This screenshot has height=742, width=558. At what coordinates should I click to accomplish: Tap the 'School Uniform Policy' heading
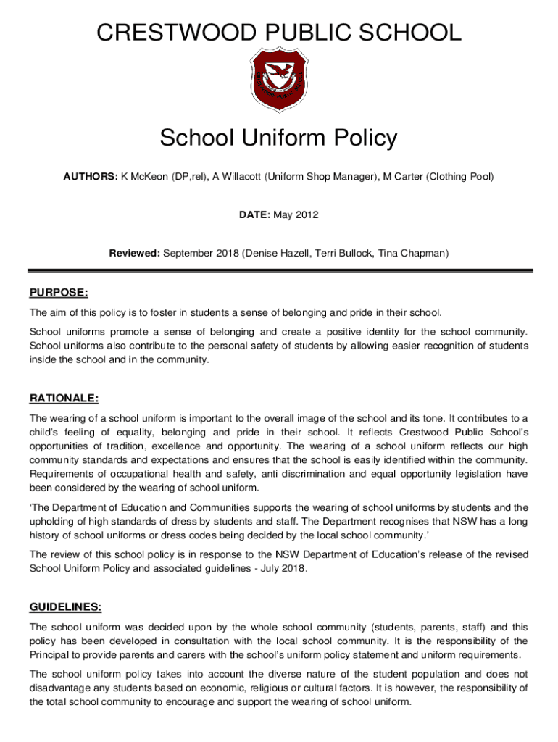tap(279, 137)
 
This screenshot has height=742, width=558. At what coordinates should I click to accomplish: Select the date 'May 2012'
tap(298, 215)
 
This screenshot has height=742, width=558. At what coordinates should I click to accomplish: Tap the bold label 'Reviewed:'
tap(134, 254)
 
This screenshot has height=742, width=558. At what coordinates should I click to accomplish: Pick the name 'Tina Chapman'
tap(415, 254)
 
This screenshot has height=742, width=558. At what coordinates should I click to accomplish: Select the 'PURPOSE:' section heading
tap(59, 293)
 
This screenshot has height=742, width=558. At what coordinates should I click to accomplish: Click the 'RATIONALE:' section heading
tap(64, 399)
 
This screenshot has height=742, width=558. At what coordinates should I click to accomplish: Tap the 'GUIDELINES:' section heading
tap(65, 606)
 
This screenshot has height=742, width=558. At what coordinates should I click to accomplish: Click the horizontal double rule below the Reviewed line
tap(279, 271)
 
